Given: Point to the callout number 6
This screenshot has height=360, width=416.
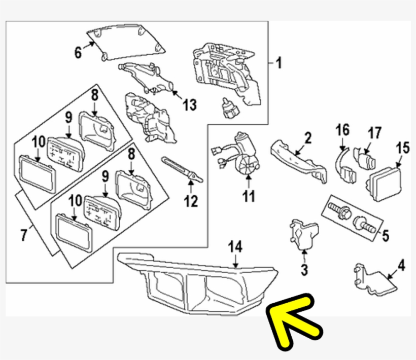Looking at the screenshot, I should pyautogui.click(x=78, y=52).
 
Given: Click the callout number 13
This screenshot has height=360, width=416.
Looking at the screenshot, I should pyautogui.click(x=190, y=105).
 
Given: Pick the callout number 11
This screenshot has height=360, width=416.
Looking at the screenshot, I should pyautogui.click(x=248, y=196).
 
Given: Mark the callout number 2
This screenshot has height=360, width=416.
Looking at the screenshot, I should pyautogui.click(x=307, y=137).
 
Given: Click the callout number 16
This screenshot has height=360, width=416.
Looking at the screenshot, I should pyautogui.click(x=342, y=130).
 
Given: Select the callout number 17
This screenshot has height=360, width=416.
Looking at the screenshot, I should pyautogui.click(x=374, y=133).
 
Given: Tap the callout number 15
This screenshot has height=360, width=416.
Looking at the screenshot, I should pyautogui.click(x=402, y=148).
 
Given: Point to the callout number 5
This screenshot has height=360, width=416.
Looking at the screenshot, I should pyautogui.click(x=385, y=235).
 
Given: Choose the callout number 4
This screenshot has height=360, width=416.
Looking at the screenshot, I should pyautogui.click(x=401, y=265).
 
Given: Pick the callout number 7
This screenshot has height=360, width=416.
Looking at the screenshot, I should pyautogui.click(x=24, y=235).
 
